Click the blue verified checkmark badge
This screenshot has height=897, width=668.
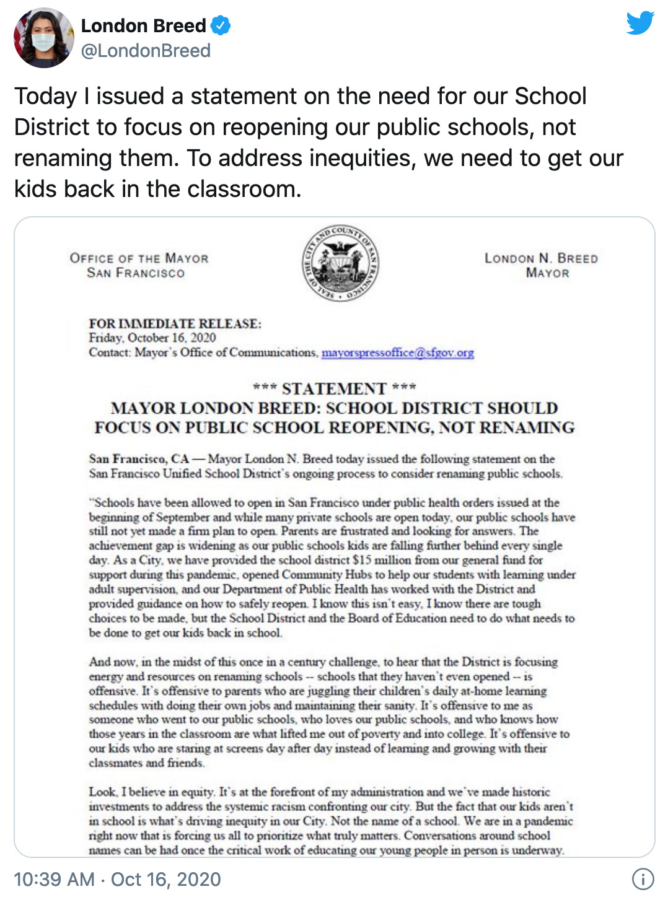point(221,26)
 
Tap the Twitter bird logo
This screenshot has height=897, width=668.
point(639,23)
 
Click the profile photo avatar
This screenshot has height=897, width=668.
point(43,38)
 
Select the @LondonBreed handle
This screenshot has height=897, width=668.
point(146,51)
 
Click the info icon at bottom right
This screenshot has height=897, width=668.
point(643,878)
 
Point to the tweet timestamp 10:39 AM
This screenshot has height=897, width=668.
point(54,879)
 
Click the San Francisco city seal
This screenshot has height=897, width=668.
point(340,263)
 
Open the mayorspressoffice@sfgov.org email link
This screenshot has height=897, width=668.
point(397,352)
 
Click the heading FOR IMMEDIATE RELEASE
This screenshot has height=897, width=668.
point(175,323)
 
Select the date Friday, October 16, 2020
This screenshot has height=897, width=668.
point(152,338)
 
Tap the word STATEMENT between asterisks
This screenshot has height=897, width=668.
point(334,388)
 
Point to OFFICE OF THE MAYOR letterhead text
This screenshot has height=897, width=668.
point(139,258)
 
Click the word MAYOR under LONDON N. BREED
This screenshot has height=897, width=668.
point(547,273)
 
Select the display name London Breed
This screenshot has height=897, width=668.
point(143,26)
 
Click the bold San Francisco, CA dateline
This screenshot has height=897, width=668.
point(139,459)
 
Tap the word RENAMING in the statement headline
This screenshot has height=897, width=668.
point(527,427)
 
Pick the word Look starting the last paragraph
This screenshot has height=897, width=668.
point(102,792)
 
